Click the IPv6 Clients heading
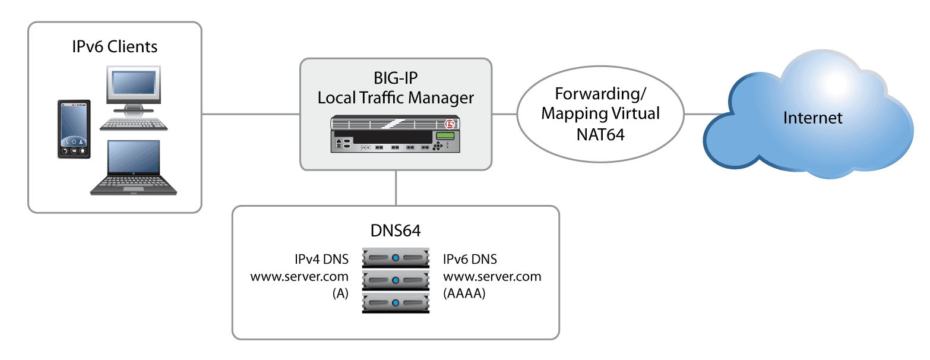click(115, 46)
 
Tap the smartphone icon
click(74, 130)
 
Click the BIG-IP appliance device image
click(396, 134)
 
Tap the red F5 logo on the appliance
click(449, 125)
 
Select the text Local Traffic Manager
click(396, 97)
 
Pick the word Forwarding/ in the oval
click(600, 94)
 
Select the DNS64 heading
click(396, 230)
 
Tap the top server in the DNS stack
click(396, 260)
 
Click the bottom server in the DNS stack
click(396, 303)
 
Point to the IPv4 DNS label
click(321, 260)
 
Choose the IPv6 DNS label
click(470, 260)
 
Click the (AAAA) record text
click(464, 293)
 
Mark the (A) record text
click(340, 293)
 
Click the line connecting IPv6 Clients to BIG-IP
click(250, 113)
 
